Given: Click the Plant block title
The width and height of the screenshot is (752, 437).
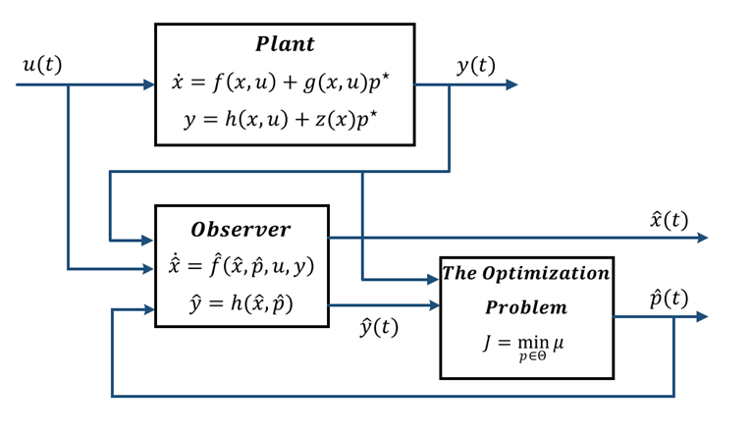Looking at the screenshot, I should (285, 44).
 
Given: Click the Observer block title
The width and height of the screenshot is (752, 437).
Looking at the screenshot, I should (241, 229).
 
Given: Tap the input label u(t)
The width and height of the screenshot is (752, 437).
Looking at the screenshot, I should (41, 65).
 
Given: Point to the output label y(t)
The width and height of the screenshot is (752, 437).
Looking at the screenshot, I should (476, 66).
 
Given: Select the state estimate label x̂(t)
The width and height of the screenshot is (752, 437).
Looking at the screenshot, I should (669, 219).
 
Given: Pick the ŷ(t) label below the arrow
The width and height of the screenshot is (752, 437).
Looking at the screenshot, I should (379, 328).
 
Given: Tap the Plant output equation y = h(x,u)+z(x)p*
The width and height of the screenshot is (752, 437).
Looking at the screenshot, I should (285, 119).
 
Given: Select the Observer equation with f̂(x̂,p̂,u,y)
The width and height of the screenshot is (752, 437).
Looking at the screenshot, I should (241, 266).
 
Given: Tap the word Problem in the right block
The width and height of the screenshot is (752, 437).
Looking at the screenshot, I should (525, 307).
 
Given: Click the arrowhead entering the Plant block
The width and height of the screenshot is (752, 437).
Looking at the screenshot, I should (148, 85).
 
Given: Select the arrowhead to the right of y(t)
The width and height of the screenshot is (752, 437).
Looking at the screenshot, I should (510, 85).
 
